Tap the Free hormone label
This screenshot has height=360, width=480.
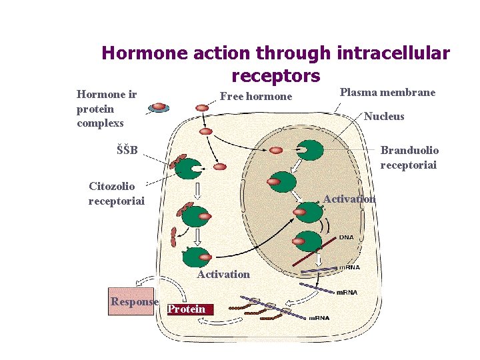tap(256, 97)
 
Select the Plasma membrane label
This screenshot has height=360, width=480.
tap(387, 92)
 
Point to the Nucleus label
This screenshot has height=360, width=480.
tap(384, 117)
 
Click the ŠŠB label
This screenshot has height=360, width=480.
tap(127, 150)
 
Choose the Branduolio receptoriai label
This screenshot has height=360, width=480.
tap(409, 158)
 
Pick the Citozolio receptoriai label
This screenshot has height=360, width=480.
tap(116, 193)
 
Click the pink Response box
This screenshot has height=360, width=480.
tap(133, 301)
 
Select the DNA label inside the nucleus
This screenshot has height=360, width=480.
tap(347, 237)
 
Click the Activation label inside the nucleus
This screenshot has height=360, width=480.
tap(349, 199)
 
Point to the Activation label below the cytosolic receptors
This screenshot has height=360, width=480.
tap(223, 274)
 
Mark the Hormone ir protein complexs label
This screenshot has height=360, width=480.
tap(106, 109)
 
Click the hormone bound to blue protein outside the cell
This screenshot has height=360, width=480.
tap(159, 107)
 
